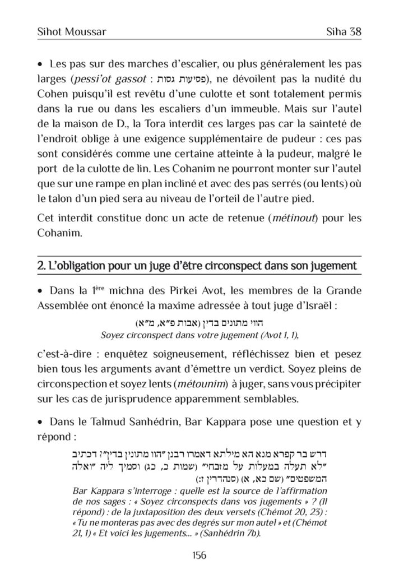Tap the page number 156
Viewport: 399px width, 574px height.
[199, 555]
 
